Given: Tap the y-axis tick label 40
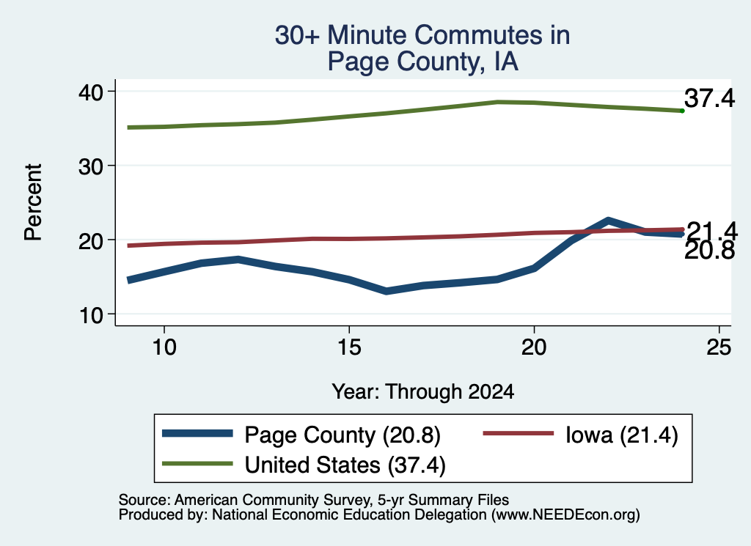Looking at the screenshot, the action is point(91,92).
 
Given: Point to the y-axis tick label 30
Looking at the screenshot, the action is point(91,166).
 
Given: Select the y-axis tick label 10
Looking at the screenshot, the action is point(91,315).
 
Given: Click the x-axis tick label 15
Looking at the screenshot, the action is point(349,347).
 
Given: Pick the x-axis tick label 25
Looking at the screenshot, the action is point(719,347).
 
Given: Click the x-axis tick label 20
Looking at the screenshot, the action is point(534,347).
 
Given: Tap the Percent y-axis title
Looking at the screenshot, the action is point(33,202).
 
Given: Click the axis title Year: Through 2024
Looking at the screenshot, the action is point(423,391).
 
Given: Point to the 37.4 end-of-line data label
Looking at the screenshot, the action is point(709,98).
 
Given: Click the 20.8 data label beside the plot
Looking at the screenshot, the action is point(709,250).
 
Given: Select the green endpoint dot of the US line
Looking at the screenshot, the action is point(683,111).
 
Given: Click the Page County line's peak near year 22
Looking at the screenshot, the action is point(608,221).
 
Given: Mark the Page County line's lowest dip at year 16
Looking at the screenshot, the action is point(386,291).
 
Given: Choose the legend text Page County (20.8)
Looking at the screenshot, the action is point(342,435).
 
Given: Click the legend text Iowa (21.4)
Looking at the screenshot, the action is point(622,435).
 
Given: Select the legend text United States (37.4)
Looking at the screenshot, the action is point(345,465).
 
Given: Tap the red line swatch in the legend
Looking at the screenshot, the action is point(519,434).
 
